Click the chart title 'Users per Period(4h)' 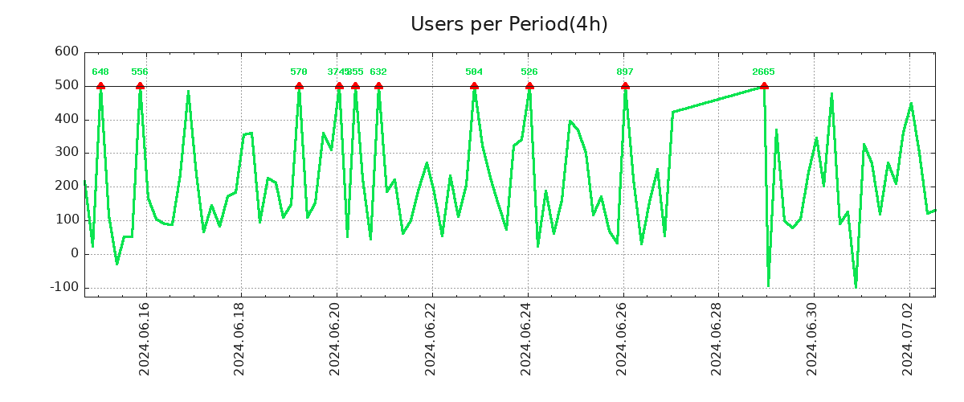point(509,24)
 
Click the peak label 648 point(100,72)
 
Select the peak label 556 point(140,72)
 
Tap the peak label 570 point(299,72)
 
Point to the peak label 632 point(378,72)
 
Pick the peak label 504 point(474,72)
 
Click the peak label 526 point(529,72)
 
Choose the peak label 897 point(625,72)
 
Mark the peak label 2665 point(763,72)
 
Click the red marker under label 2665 point(764,85)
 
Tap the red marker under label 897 point(625,85)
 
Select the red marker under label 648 point(100,85)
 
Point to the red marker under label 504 point(474,85)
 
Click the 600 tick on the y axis point(67,52)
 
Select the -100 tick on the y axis point(63,287)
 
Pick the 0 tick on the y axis point(75,253)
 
